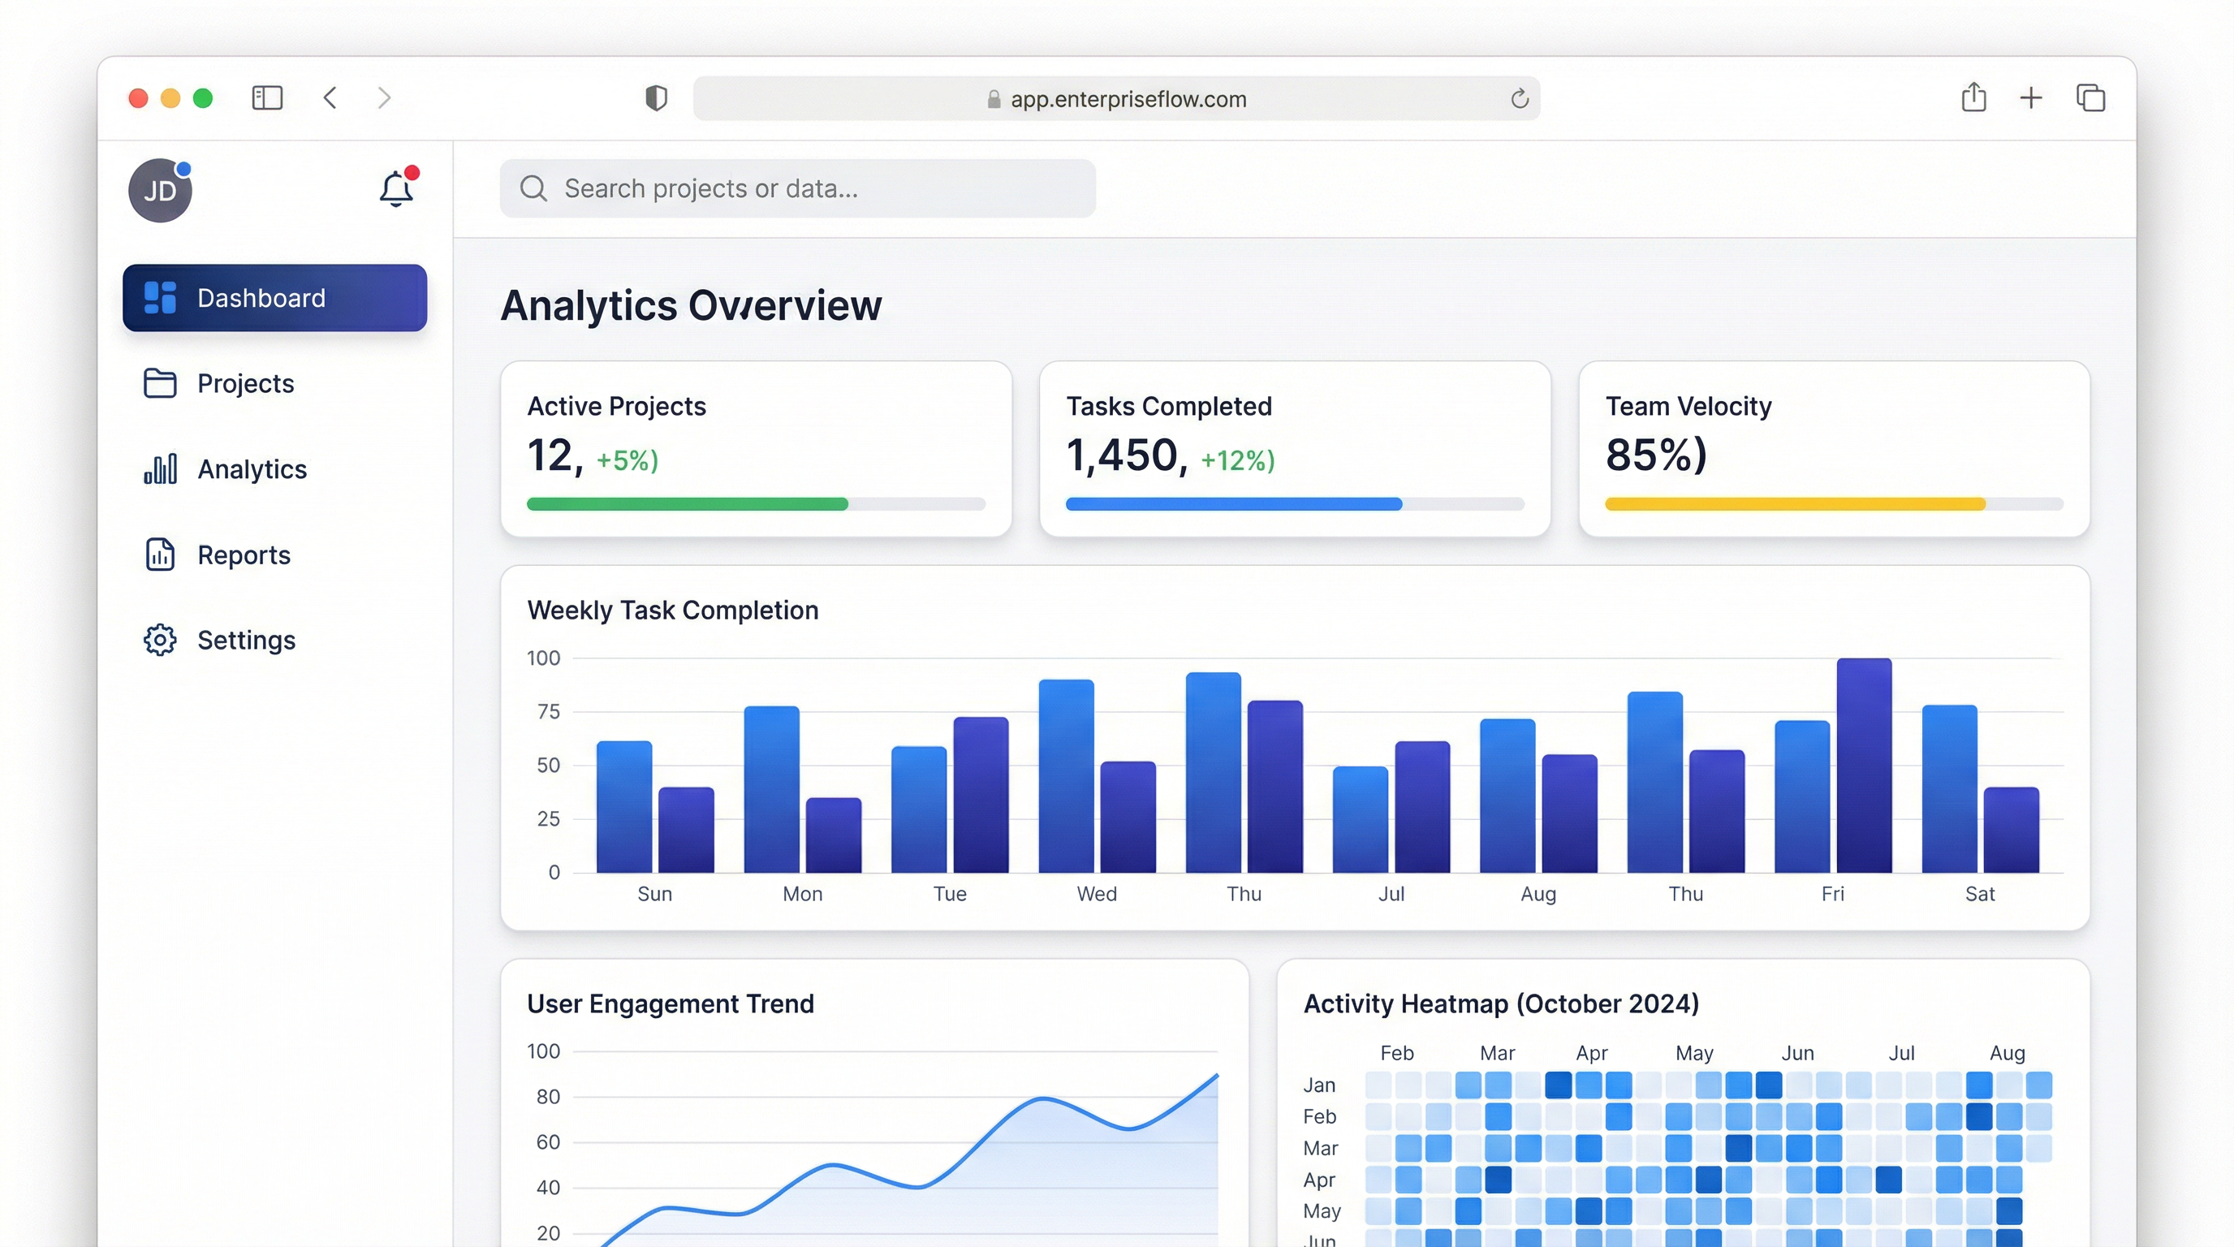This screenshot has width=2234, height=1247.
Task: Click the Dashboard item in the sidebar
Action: (274, 297)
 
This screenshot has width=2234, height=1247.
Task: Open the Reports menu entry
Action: (243, 555)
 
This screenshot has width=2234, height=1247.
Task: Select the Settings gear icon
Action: (160, 640)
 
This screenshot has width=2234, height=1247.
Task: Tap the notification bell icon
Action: (396, 188)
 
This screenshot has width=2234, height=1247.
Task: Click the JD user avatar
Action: (161, 191)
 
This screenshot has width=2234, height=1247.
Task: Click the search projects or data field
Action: (797, 188)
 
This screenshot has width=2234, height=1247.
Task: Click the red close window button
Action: (138, 98)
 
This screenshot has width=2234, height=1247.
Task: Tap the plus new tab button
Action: (2030, 98)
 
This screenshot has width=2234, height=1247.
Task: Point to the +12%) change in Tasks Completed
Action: (1236, 460)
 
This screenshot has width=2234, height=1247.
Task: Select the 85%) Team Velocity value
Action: (1655, 455)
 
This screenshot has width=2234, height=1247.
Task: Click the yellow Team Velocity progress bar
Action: (1794, 504)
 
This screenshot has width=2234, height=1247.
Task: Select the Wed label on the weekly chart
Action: (1096, 894)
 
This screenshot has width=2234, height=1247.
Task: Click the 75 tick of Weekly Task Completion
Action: (548, 712)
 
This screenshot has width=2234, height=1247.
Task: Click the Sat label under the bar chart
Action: (1979, 894)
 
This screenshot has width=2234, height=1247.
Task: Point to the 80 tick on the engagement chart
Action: (547, 1097)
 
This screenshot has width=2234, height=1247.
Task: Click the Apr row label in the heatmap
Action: (1318, 1180)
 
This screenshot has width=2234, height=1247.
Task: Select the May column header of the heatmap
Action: (1693, 1053)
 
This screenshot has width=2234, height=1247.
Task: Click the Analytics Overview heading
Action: (690, 305)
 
